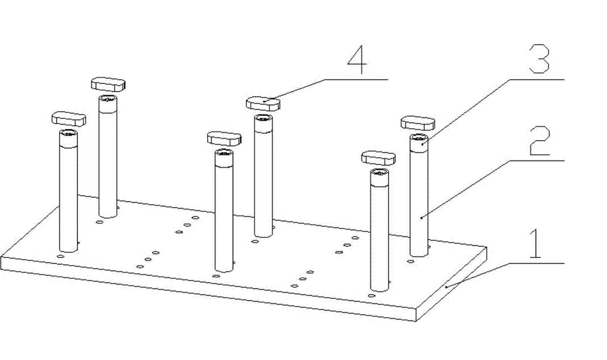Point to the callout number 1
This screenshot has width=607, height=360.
pos(536,244)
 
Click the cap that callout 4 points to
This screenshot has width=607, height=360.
pos(263,104)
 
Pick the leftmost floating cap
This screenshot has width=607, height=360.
pos(68,118)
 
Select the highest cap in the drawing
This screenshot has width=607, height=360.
pos(108,84)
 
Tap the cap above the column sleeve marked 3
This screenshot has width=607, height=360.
pos(418,123)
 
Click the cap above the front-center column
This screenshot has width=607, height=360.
pos(224,138)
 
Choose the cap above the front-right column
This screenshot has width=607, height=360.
pos(378,158)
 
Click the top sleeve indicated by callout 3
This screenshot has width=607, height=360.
pos(419,143)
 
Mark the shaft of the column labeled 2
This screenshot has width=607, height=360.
pos(419,203)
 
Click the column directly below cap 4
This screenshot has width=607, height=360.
pos(263,176)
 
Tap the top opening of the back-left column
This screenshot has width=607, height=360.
pos(108,99)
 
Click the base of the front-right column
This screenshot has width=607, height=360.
pos(380,287)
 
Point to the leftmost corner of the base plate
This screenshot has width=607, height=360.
pos(1,256)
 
